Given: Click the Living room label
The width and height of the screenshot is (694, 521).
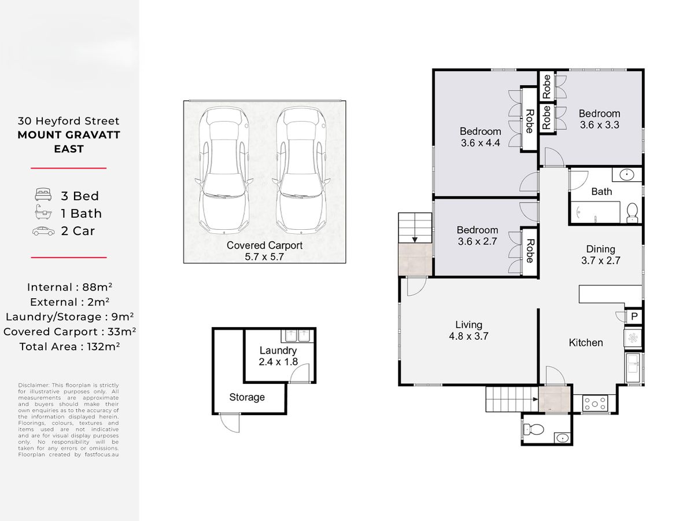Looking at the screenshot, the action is coord(468,330).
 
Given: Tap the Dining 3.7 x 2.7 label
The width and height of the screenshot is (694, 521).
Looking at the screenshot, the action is coord(600,255).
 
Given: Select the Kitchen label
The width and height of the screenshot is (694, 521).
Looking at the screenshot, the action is coord(585,342).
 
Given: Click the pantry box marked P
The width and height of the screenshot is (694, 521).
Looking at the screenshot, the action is coord(634,316).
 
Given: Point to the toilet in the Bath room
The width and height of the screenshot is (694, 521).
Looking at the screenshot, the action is coord(632,212).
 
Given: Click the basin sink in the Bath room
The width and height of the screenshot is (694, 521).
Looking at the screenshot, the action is coord(627,175).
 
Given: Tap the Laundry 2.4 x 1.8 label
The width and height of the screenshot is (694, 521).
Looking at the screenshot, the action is coord(278,356).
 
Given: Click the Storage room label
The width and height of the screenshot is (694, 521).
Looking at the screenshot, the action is coord(247,397).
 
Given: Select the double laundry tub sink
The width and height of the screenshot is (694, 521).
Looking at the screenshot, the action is coord(297,336).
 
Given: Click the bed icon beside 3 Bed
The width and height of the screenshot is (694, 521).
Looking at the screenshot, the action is coord(43,195).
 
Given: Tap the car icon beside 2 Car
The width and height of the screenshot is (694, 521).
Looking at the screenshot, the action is coord(43,231).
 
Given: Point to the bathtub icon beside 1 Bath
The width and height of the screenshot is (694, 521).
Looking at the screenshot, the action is coord(43,212).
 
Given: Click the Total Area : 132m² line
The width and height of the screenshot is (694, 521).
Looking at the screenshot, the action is coord(69,346).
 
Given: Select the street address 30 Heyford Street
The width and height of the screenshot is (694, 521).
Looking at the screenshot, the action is coord(69,121).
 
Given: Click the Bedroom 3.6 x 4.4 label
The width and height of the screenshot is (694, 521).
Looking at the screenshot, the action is coord(480,137).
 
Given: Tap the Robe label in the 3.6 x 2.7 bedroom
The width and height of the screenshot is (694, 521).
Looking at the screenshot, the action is coord(530,251).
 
